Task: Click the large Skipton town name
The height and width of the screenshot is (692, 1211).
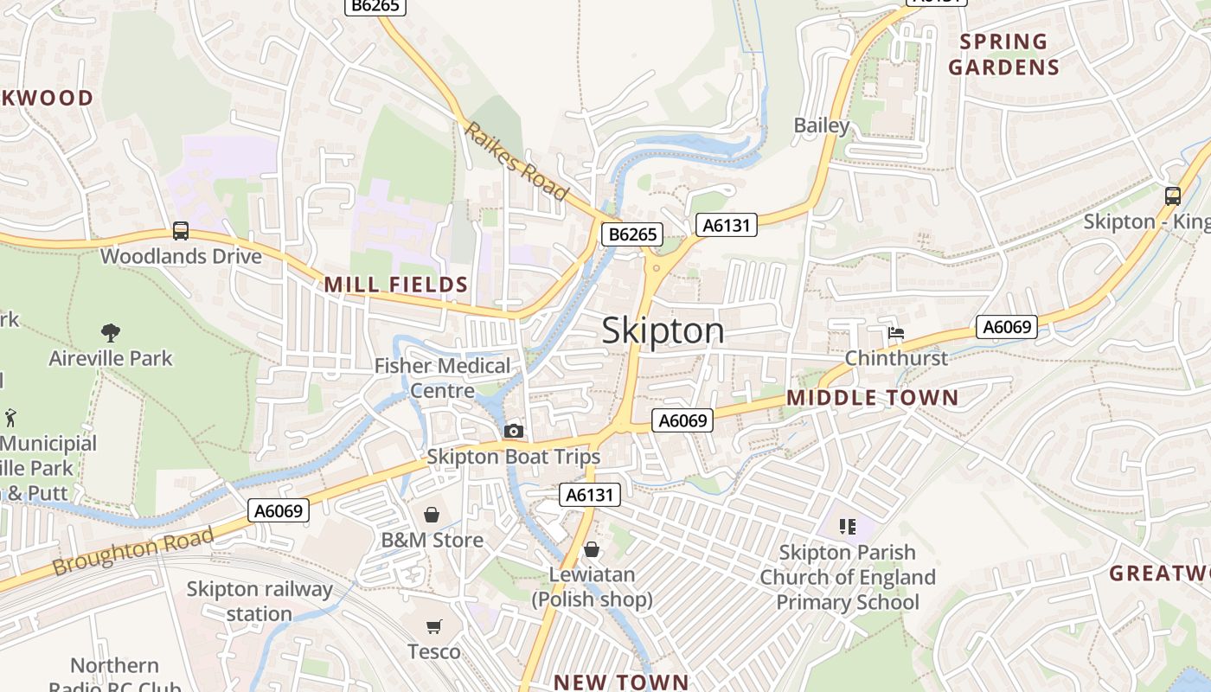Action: click(663, 331)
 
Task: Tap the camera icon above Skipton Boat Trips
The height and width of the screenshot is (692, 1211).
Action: click(513, 431)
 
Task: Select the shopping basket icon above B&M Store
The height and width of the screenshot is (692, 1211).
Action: click(432, 516)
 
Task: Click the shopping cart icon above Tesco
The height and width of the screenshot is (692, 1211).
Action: click(433, 626)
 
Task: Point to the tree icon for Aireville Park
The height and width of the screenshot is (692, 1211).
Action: click(110, 332)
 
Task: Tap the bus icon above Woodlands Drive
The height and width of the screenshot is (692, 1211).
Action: click(180, 231)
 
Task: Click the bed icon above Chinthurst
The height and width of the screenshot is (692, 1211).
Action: click(895, 333)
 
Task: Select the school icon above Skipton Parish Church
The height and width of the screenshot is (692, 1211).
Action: click(847, 526)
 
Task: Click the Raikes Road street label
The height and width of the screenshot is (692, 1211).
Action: click(516, 161)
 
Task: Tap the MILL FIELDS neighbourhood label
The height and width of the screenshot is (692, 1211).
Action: click(395, 285)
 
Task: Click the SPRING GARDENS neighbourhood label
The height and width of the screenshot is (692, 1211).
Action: click(1003, 54)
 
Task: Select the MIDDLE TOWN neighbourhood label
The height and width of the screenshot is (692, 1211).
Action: click(872, 398)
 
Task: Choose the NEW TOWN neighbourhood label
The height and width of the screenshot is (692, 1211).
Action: click(621, 682)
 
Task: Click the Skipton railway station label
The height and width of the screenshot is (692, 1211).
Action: click(259, 602)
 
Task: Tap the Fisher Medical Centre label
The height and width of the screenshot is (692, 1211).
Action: click(442, 378)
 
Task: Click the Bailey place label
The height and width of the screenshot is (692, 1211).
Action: click(822, 125)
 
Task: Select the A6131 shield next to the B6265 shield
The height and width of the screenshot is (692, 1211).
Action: click(727, 226)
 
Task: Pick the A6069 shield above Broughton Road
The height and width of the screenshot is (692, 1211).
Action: click(279, 511)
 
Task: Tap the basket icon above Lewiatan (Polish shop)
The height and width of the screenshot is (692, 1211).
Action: click(592, 549)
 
